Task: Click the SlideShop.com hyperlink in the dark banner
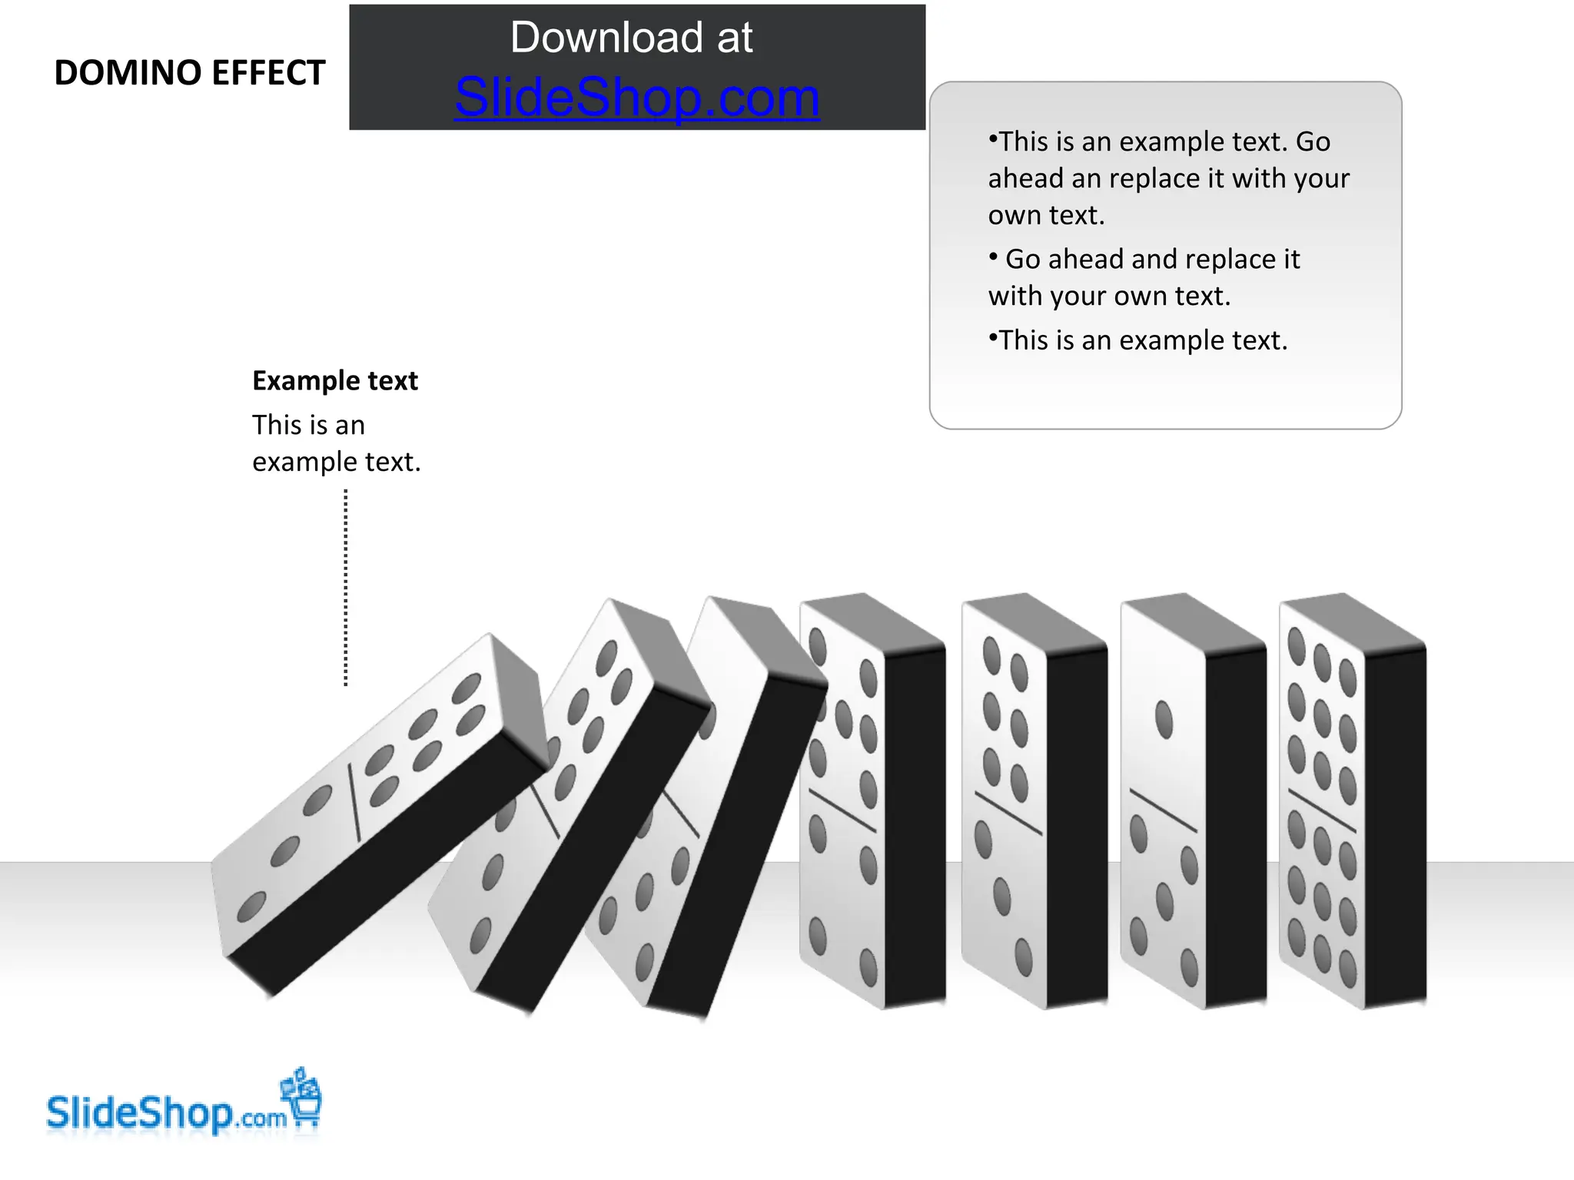[x=637, y=98]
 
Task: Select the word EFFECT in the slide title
[x=268, y=74]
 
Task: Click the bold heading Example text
[x=335, y=381]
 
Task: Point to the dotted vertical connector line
[x=346, y=588]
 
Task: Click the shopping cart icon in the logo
[x=304, y=1099]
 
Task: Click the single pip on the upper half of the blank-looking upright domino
[x=1164, y=720]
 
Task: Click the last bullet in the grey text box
[x=1138, y=340]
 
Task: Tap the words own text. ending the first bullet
[x=1046, y=216]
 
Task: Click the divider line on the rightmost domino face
[x=1322, y=811]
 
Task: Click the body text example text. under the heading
[x=336, y=462]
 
